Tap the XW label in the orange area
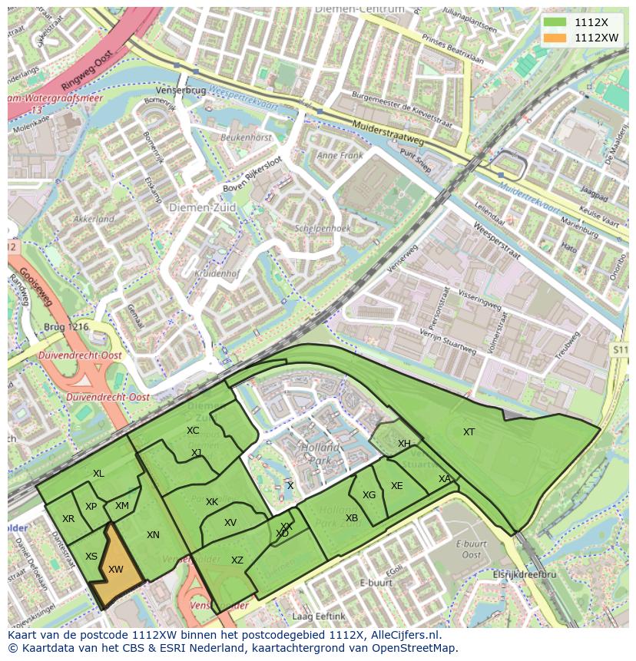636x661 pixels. click(x=116, y=570)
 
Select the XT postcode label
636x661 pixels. click(x=469, y=432)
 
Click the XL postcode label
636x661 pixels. click(x=98, y=474)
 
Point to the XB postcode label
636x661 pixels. click(x=352, y=518)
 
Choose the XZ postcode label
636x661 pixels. click(x=237, y=560)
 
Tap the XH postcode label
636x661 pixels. click(x=404, y=444)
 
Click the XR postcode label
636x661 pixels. click(x=68, y=519)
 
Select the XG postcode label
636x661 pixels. click(x=369, y=495)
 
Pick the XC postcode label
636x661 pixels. click(x=193, y=431)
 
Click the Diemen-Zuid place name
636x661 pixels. click(x=194, y=207)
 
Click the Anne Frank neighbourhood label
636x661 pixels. click(x=339, y=155)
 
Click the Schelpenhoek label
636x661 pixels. click(x=322, y=229)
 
